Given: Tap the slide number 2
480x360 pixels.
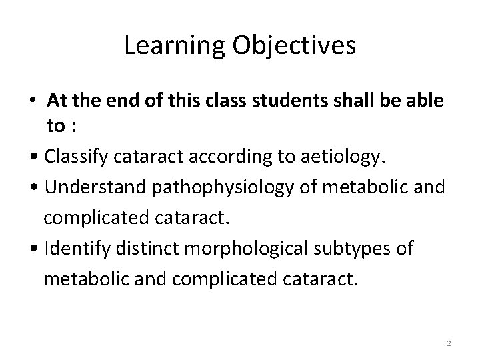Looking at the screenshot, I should point(449,343).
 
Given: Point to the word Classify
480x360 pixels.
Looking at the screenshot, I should point(79,157).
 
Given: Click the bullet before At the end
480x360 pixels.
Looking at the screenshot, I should point(33,101).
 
